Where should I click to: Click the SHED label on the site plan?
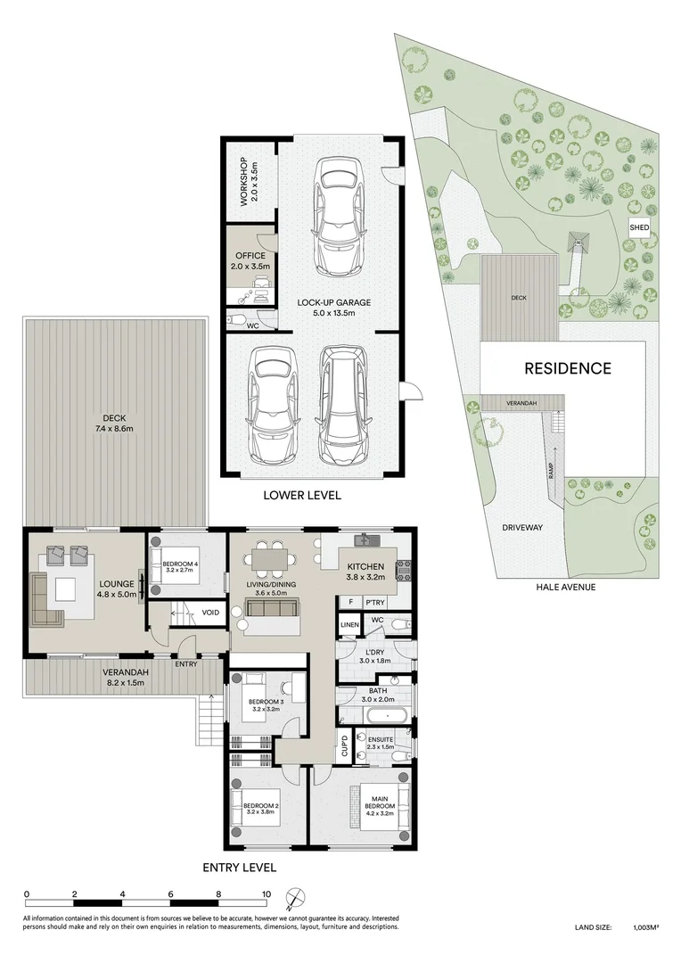coord(638,228)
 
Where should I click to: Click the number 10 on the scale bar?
coord(265,893)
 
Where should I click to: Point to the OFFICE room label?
coord(250,256)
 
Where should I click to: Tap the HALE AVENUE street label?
coord(565,588)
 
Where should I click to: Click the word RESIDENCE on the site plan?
coord(567,368)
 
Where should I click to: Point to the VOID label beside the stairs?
coord(211,613)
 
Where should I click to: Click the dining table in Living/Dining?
coord(273,559)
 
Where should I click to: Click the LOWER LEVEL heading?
coord(301,495)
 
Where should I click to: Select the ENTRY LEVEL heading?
coord(239,867)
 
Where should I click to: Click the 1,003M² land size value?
coord(645,928)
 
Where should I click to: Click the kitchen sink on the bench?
coord(367,540)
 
